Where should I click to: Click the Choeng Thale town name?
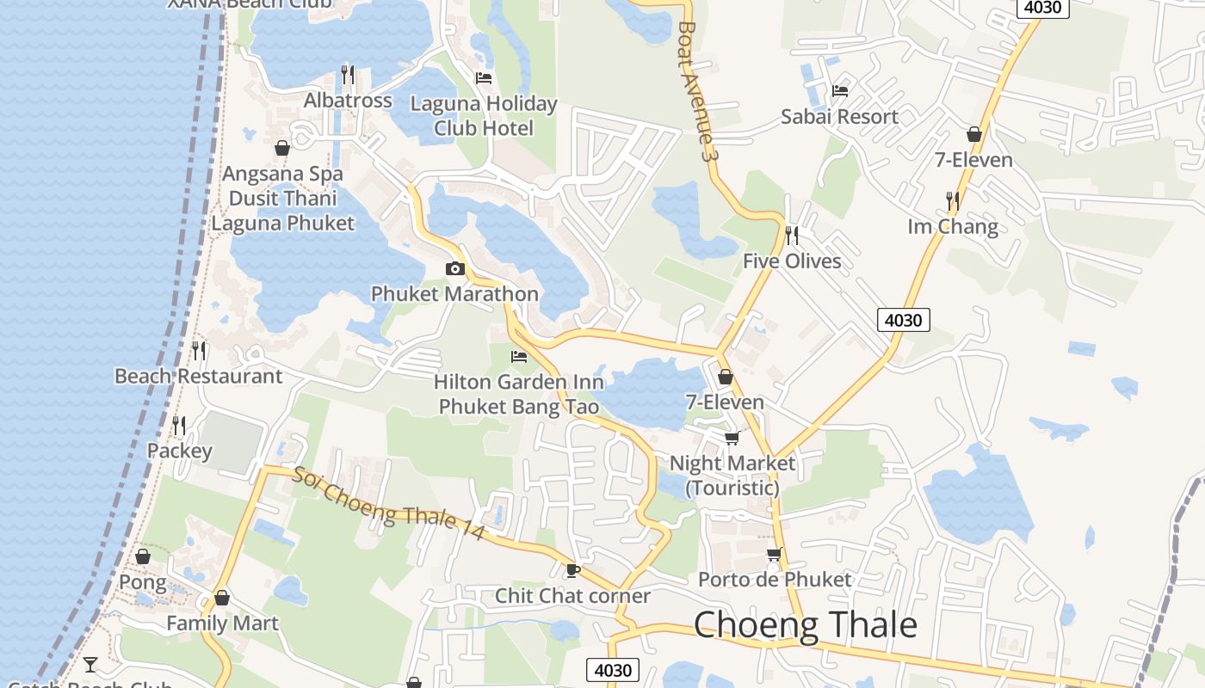coord(805,624)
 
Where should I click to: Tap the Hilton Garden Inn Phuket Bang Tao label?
coord(518,394)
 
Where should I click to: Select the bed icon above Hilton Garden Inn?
coord(519,356)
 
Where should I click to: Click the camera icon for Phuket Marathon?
coord(454,269)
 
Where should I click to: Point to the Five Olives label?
coord(792,261)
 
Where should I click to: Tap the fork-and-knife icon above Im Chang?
coord(953,201)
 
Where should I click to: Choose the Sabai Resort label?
coord(839,117)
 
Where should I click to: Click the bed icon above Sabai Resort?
coord(840,90)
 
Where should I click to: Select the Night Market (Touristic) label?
coord(732,475)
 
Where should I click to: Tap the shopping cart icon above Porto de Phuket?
coord(774,555)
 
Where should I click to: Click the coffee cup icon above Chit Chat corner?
coord(572,570)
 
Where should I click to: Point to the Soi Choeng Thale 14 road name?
coord(387,503)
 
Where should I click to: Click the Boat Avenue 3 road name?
coord(697,90)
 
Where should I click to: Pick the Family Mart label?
coord(222,623)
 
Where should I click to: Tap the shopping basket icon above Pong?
coord(143,556)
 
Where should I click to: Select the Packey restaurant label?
coord(179,451)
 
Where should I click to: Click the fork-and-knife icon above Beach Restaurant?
coord(199,350)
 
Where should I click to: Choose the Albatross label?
coord(348,101)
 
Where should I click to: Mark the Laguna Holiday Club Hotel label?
coord(484,116)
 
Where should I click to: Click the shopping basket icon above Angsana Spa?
coord(282,148)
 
